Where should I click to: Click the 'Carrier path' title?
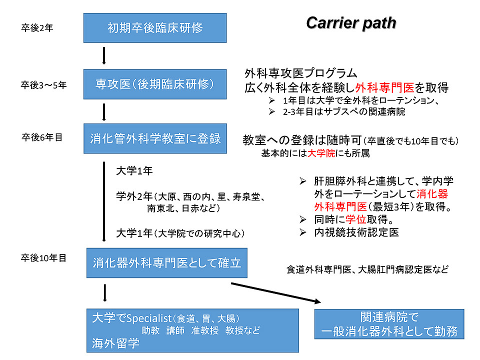351,23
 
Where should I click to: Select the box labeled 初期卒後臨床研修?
155,27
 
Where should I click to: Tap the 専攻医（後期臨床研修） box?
155,83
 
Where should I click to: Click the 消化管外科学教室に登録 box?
155,138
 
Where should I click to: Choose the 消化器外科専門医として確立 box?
166,262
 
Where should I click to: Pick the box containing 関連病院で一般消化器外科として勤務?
389,324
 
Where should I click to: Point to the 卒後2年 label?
37,28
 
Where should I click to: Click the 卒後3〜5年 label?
43,85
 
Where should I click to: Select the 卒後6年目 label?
42,137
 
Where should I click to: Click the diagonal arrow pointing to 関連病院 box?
275,292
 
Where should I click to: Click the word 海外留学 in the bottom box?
115,343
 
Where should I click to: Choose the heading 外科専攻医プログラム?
301,73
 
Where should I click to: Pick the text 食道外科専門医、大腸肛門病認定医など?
367,270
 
